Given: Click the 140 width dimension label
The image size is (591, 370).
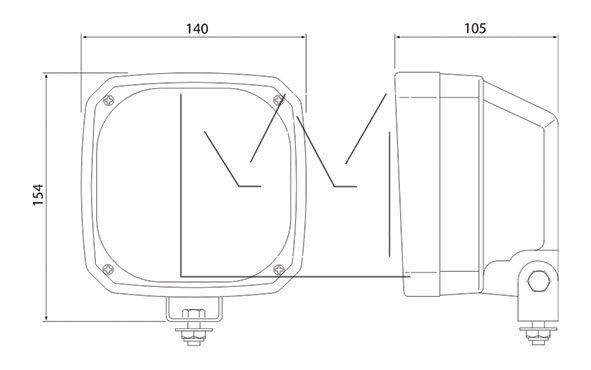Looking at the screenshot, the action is (x=197, y=29).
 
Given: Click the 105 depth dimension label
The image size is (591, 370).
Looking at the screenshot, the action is (x=475, y=28).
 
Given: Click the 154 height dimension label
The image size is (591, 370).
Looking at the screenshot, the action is (x=38, y=195).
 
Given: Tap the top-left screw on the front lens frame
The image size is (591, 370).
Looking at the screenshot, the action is (x=109, y=100).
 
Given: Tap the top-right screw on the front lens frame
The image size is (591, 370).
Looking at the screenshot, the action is (x=279, y=100).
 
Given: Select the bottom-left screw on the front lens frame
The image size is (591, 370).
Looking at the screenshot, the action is (x=108, y=269).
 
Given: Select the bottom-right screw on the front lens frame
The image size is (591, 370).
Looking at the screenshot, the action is (x=279, y=269).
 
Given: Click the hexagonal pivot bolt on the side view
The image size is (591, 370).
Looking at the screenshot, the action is (x=539, y=281).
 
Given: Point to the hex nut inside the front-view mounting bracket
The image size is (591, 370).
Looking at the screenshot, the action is (x=194, y=313).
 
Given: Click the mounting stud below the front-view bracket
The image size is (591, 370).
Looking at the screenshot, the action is (x=194, y=334).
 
